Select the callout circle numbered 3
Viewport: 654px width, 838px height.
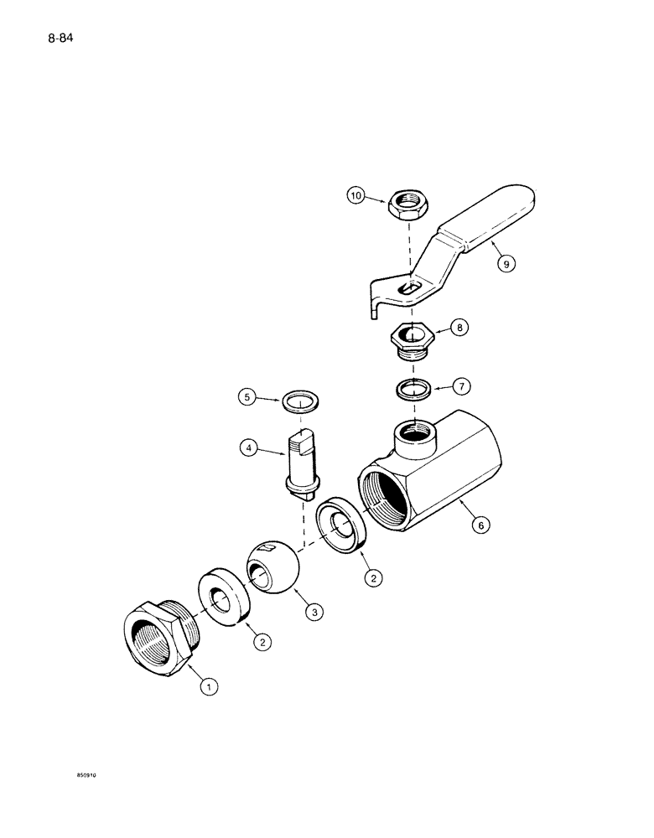coord(313,613)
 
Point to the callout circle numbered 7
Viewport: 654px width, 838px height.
coord(460,386)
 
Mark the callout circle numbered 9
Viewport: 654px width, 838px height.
coord(505,263)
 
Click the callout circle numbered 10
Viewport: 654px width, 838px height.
coord(357,197)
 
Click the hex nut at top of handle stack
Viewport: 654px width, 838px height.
coord(404,203)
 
